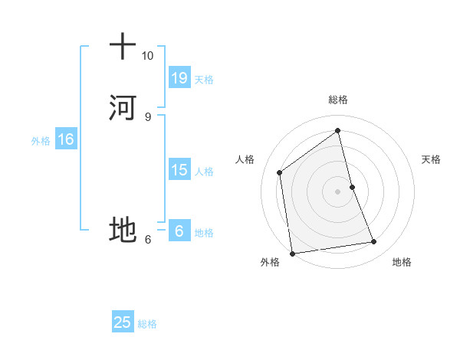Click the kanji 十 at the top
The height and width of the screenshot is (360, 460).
point(123,46)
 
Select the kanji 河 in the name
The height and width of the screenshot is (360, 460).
point(123,107)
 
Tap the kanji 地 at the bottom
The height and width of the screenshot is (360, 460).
point(123,229)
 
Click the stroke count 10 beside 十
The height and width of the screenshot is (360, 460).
point(147,56)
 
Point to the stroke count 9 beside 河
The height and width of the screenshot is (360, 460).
point(147,116)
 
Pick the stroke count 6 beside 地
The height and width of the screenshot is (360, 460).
point(147,239)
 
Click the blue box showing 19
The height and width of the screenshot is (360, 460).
point(179,78)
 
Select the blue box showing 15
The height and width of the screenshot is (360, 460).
point(179,170)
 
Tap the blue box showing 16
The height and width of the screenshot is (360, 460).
point(65,139)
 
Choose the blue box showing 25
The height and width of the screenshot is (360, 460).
point(123,322)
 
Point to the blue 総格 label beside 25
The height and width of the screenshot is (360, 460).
point(147,324)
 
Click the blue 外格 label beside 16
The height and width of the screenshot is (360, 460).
point(41,141)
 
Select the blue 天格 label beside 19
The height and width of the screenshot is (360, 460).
point(204,80)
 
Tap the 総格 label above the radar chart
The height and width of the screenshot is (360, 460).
point(337,100)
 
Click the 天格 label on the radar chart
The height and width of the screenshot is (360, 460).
point(431,159)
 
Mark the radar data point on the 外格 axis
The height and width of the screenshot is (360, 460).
point(292,253)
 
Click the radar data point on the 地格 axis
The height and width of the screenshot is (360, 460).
point(374,242)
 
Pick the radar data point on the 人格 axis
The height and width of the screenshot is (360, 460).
point(280,172)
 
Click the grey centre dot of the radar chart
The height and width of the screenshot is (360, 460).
point(337,191)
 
